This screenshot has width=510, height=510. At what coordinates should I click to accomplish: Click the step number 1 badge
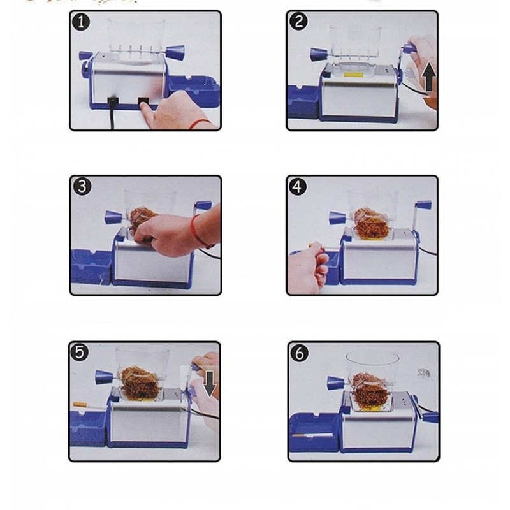[x=81, y=22]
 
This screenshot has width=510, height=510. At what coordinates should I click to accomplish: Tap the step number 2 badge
[x=298, y=22]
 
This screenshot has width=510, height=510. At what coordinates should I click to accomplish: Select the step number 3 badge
[x=82, y=187]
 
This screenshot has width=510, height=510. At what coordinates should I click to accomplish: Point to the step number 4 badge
[x=298, y=187]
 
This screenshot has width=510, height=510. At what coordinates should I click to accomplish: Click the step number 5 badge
[x=80, y=353]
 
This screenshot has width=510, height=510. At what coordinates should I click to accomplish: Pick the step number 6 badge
[x=299, y=353]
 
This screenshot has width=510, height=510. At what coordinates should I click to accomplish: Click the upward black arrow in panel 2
[x=429, y=77]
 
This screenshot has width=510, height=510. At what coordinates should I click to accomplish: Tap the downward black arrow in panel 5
[x=210, y=384]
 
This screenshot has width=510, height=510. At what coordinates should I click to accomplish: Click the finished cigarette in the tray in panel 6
[x=312, y=435]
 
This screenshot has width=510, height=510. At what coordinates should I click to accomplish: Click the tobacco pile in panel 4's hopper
[x=372, y=221]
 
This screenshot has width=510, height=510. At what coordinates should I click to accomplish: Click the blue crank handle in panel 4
[x=423, y=206]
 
